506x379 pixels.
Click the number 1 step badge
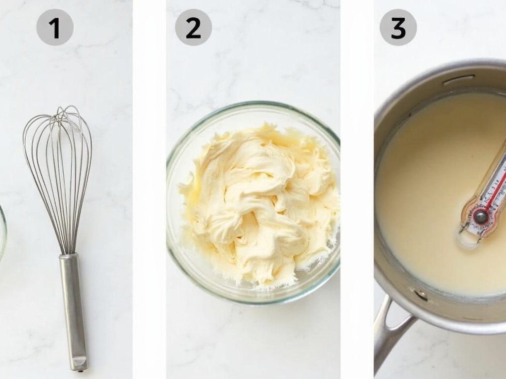(x=55, y=28)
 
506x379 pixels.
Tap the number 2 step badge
(x=193, y=28)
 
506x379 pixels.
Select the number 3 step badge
(x=398, y=28)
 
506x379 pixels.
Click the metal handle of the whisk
(x=73, y=311)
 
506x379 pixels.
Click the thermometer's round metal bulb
(x=480, y=217)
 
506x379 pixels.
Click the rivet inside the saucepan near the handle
(x=421, y=294)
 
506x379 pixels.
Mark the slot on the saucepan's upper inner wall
(x=458, y=80)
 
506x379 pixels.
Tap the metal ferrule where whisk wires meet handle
(x=69, y=257)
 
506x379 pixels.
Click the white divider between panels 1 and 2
(x=149, y=189)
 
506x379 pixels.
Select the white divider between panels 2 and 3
(x=357, y=189)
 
